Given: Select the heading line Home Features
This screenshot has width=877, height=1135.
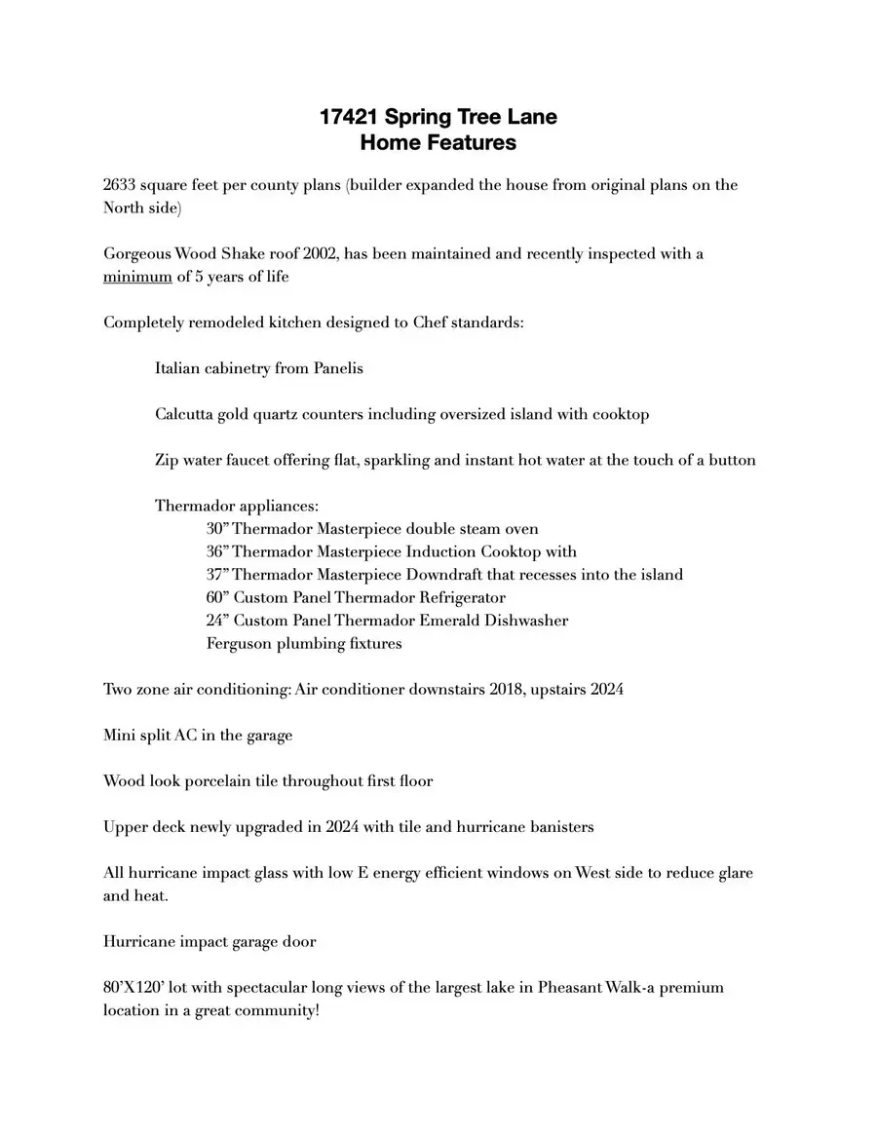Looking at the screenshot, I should click(438, 143).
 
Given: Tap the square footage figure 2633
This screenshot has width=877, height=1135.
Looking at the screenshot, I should click(121, 185).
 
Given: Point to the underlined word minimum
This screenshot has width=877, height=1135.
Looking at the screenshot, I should click(137, 277).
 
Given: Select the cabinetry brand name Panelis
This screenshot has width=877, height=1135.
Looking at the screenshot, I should click(338, 368).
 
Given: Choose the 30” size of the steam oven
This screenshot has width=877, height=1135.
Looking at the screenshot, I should click(217, 529).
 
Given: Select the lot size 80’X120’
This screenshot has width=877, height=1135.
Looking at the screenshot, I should click(136, 988).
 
